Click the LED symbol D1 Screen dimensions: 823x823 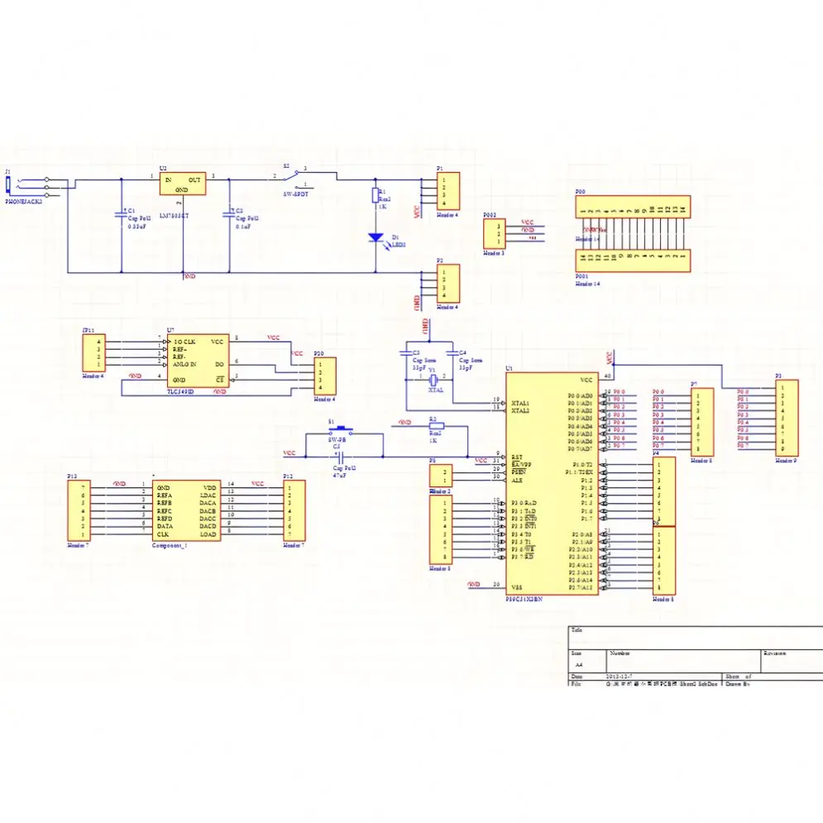375,237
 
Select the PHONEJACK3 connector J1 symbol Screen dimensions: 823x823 31,188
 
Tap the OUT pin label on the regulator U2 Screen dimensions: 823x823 194,179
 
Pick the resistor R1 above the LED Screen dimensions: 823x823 375,196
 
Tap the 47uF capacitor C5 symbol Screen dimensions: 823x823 337,454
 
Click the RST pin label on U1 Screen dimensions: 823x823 517,457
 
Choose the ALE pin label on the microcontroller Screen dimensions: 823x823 517,480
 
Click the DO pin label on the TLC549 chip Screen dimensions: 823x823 219,364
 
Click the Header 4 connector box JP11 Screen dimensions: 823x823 93,353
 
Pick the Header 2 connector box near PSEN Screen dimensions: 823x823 441,475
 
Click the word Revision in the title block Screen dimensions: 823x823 775,653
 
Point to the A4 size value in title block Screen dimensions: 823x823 578,664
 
